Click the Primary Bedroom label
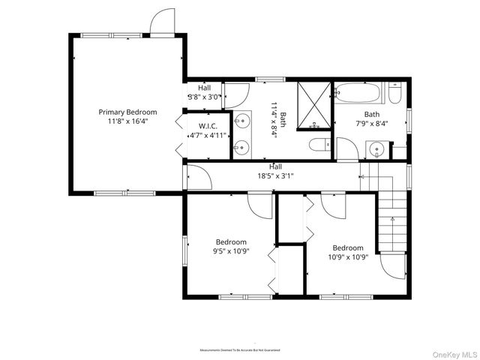point(127,112)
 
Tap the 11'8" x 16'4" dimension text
point(127,121)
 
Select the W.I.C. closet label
point(207,125)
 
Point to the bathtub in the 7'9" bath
point(359,94)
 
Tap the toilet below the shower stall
point(318,145)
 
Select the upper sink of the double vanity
point(241,119)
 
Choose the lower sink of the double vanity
point(241,147)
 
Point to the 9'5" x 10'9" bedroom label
point(231,247)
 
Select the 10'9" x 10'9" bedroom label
point(348,252)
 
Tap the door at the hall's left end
point(199,177)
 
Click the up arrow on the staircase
point(391,220)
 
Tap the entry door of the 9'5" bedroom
point(260,205)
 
